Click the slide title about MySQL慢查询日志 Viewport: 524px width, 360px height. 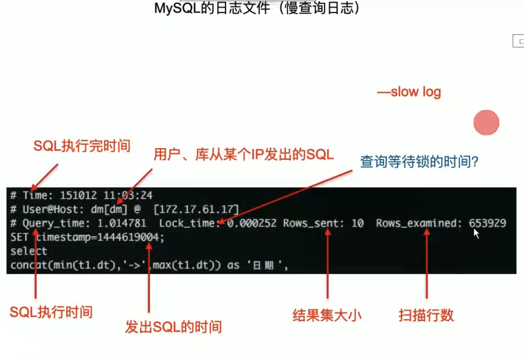coord(257,8)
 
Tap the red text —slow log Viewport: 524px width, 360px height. coord(409,92)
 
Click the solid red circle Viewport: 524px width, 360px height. coord(486,123)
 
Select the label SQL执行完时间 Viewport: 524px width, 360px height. coord(81,146)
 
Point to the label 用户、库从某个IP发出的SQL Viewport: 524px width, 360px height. coord(243,155)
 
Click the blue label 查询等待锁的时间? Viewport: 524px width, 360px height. coord(420,162)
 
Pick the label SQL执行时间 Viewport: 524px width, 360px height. coord(51,313)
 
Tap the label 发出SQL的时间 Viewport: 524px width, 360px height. coord(173,327)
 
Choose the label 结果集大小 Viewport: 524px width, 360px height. coord(327,315)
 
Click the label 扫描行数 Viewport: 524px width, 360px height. coord(426,315)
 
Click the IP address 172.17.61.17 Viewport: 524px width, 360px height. coord(196,210)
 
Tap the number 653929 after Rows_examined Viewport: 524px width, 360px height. coord(487,224)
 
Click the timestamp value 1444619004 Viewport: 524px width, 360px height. coord(134,237)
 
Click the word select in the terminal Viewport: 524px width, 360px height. coord(29,251)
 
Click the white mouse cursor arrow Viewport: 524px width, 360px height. coord(476,233)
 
